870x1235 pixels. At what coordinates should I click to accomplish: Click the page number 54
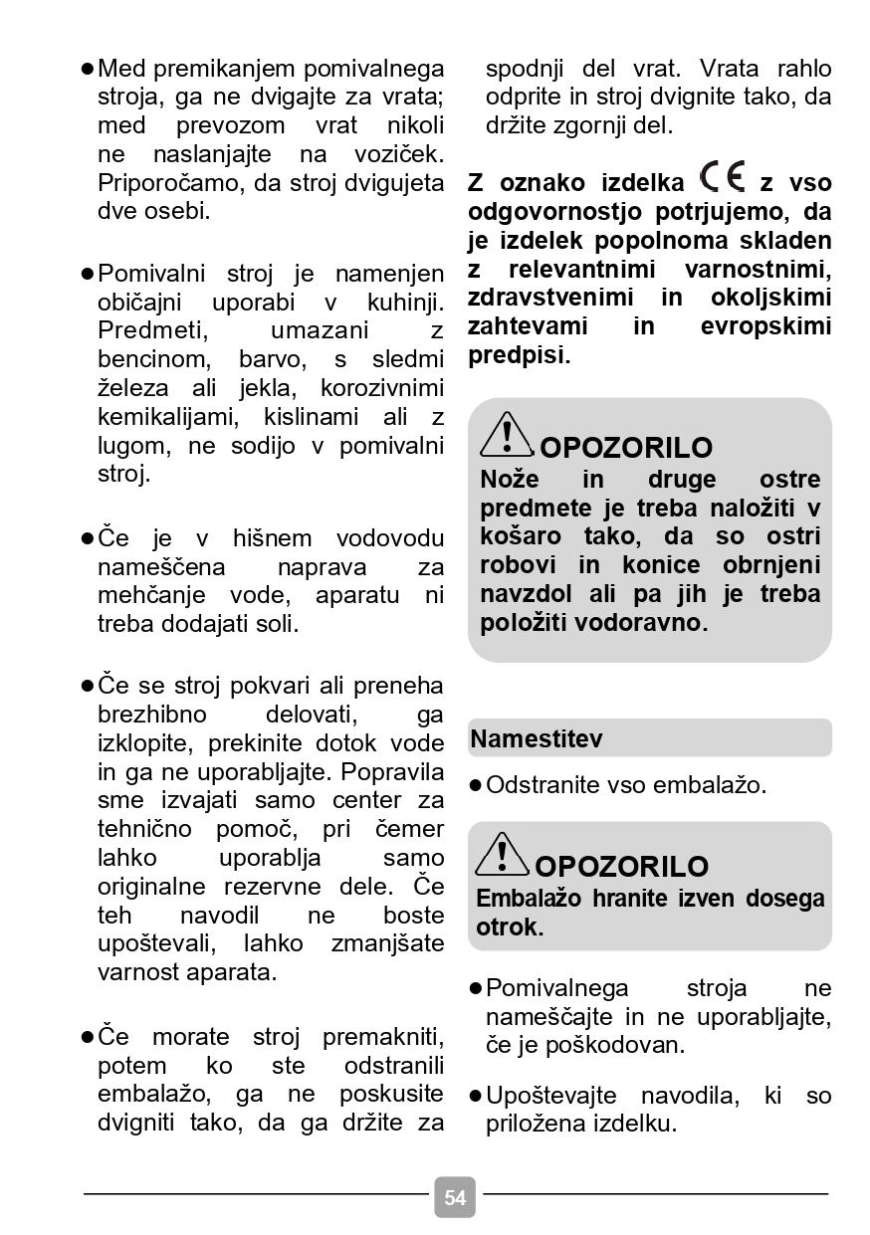(455, 1197)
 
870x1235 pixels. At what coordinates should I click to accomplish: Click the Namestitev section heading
(537, 739)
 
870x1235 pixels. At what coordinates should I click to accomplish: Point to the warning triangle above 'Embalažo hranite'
(503, 854)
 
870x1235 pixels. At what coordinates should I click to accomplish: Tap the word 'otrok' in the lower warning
(506, 927)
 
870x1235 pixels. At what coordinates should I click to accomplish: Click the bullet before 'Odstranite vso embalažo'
(476, 785)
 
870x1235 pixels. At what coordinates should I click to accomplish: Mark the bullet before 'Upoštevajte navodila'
(476, 1097)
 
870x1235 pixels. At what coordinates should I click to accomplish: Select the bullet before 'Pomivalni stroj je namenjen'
(88, 274)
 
